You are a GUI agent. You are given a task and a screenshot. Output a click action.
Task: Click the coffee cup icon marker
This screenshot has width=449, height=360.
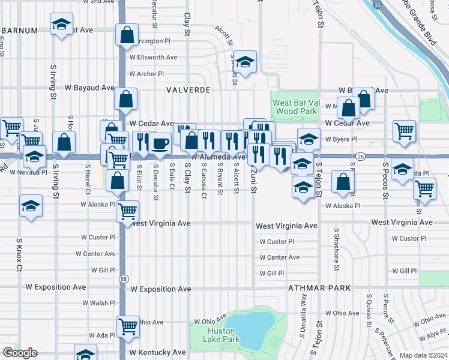[160, 143]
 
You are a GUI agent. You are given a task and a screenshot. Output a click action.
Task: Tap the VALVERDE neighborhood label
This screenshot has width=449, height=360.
[188, 89]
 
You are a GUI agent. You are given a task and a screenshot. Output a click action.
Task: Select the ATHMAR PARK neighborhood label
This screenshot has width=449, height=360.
[315, 288]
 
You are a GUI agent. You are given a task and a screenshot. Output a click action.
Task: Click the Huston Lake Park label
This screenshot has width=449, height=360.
[222, 335]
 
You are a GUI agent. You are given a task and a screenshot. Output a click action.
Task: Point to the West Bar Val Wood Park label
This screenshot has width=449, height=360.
[294, 107]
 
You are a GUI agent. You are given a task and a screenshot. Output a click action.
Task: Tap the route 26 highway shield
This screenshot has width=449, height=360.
[360, 156]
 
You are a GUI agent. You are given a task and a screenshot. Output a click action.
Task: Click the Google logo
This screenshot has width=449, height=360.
[19, 353]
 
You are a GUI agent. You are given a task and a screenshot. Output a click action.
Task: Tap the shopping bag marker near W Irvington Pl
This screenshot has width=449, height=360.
[127, 36]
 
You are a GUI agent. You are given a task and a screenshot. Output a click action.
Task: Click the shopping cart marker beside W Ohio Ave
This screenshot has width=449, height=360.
[128, 327]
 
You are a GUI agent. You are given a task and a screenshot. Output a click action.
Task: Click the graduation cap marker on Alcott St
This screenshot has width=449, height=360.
[244, 62]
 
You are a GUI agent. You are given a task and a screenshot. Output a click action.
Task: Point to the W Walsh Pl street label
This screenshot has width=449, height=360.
[98, 303]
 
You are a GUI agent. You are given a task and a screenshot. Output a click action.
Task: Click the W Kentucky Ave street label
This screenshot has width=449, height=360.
[157, 352]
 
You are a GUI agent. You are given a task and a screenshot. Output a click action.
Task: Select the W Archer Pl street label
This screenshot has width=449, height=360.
[146, 74]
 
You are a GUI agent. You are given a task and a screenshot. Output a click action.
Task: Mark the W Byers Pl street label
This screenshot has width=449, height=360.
[341, 139]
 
